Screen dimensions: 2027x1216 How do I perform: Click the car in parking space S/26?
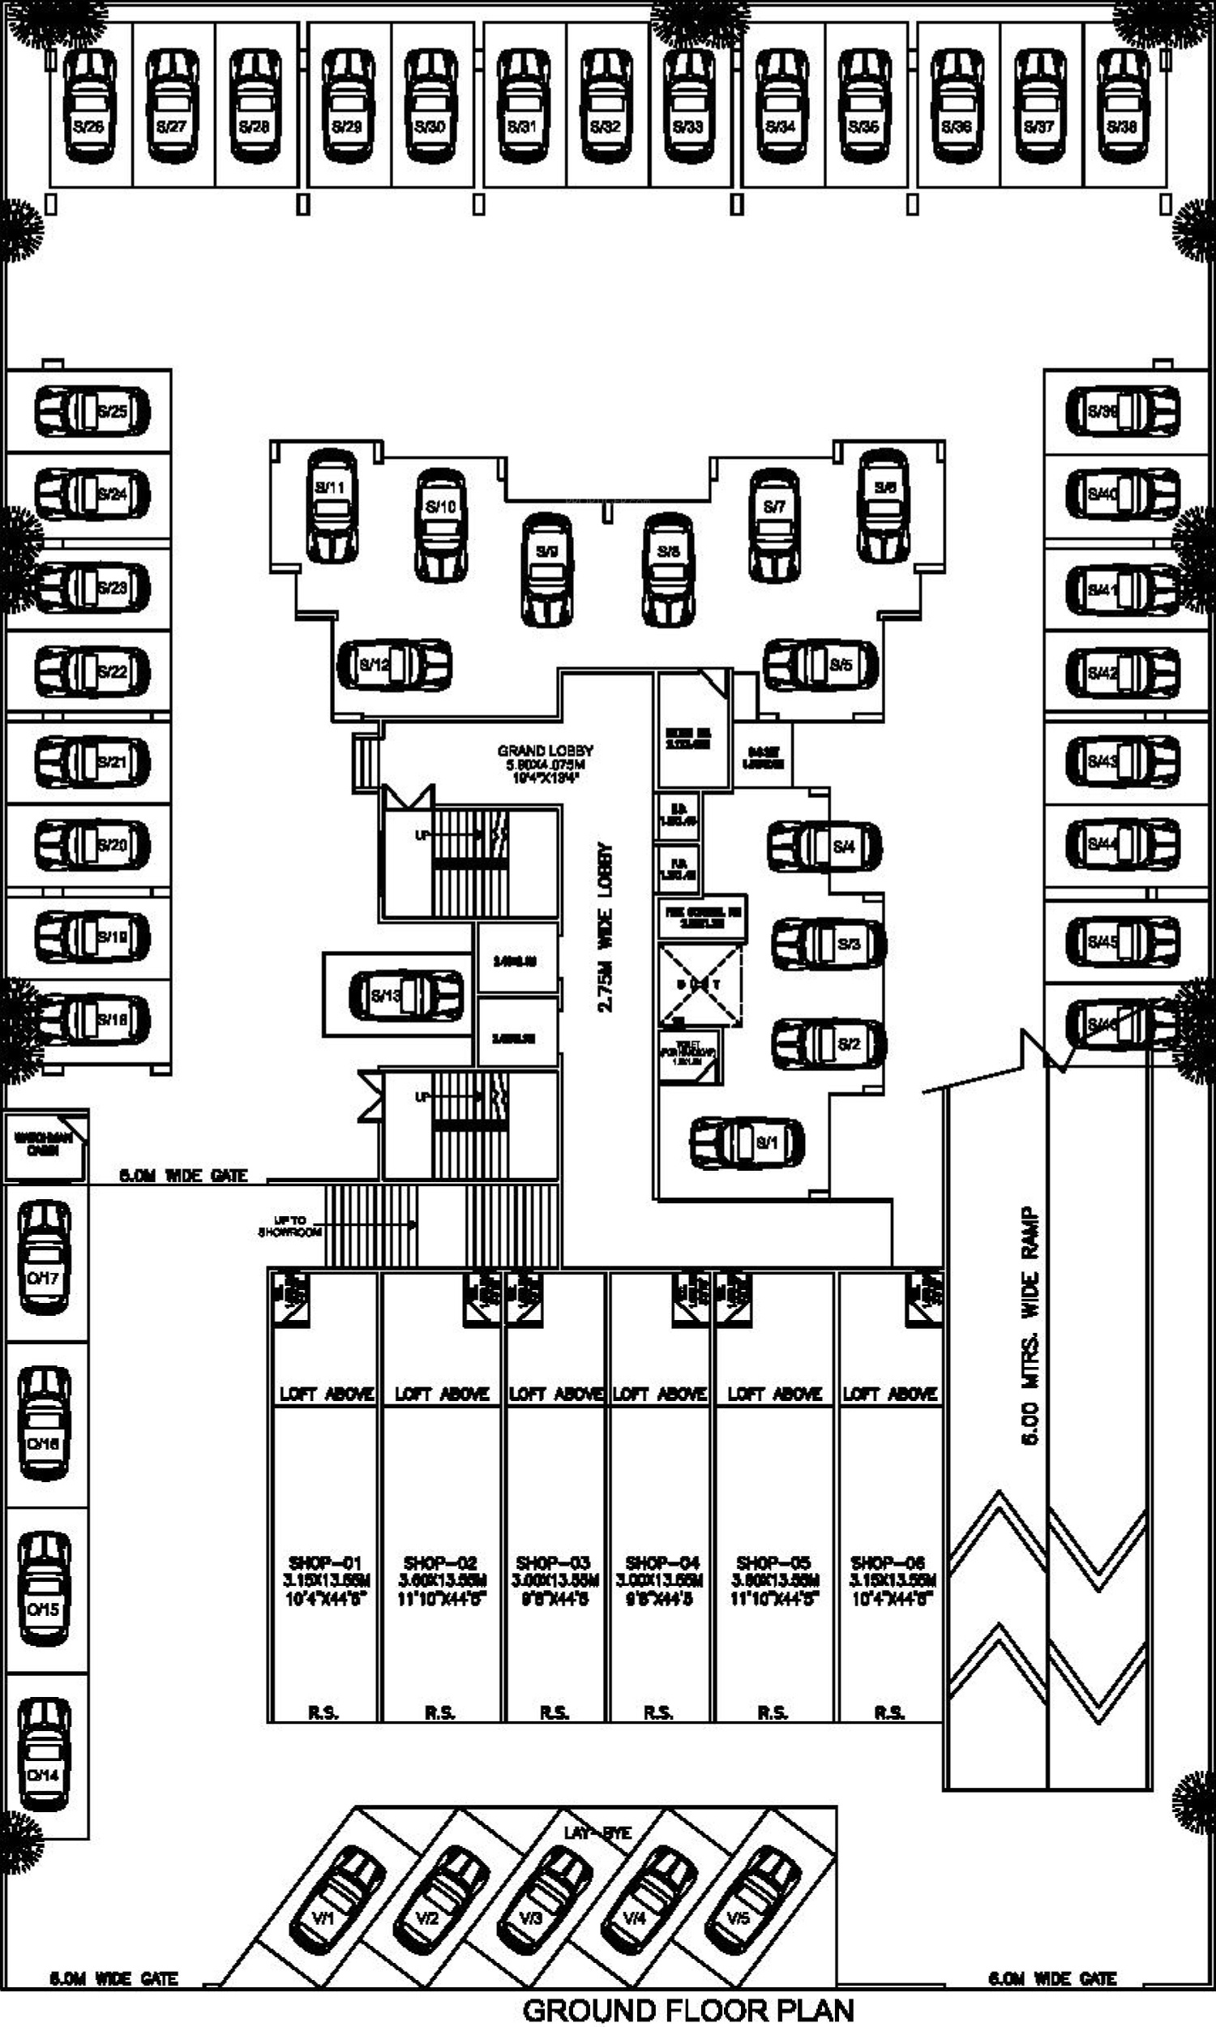(89, 105)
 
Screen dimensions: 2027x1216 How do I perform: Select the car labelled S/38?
(1123, 105)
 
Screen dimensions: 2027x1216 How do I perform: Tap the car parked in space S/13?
(406, 996)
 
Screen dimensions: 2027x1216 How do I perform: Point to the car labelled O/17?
(45, 1258)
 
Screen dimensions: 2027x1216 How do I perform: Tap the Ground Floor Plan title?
(688, 2010)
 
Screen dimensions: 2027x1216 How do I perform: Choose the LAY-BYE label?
(597, 1834)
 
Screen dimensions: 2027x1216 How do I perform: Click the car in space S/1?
(747, 1142)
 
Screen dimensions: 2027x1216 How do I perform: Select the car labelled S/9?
(546, 569)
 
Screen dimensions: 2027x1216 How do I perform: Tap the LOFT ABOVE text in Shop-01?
(326, 1394)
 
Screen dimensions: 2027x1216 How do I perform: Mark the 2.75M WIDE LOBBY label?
(606, 927)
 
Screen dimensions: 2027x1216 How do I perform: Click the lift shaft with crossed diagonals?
(700, 985)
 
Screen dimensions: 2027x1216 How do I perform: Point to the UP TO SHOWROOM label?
(292, 1226)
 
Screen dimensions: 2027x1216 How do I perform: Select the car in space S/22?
(92, 672)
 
